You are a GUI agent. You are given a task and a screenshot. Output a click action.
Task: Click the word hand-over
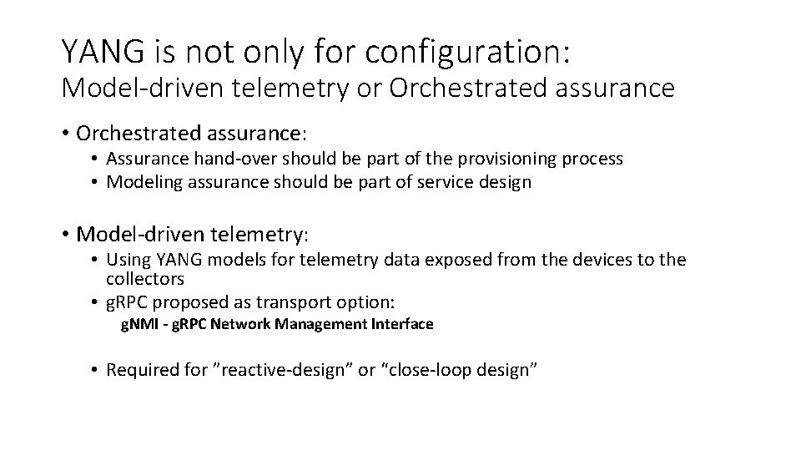tap(215, 159)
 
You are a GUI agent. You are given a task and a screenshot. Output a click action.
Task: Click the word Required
tap(140, 370)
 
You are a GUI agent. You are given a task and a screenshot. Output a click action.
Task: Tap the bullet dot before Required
tap(96, 370)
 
